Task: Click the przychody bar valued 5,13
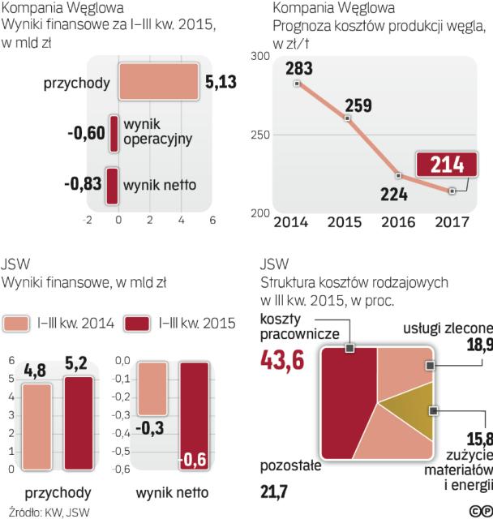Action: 157,83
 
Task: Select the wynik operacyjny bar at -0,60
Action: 114,132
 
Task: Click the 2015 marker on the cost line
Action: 347,118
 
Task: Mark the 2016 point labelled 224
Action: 398,175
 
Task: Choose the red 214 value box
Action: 447,164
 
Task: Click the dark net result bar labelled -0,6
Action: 192,415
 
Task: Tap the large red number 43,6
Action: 282,360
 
